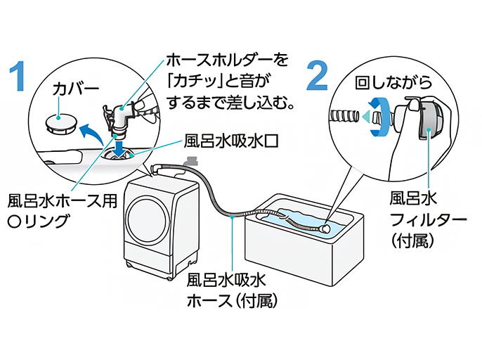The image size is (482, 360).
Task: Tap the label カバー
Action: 76,89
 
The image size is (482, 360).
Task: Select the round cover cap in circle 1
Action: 60,124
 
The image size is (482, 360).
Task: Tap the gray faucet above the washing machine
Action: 188,163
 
